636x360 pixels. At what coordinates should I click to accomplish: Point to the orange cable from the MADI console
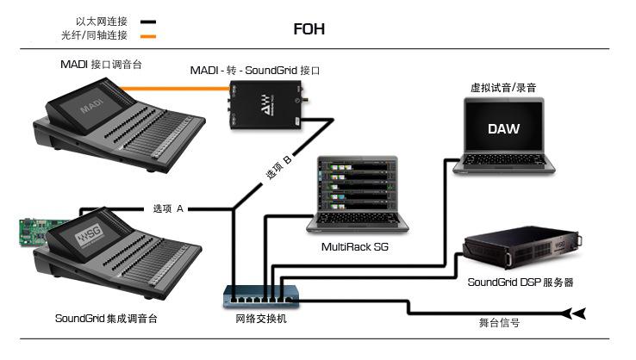pos(172,86)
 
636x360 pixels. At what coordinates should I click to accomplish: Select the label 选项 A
pos(168,209)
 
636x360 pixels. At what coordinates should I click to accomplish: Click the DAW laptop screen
pos(503,128)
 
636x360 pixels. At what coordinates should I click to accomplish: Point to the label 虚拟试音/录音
pos(502,88)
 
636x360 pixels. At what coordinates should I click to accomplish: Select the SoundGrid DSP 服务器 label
pos(521,282)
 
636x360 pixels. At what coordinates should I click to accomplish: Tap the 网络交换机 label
pos(261,320)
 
